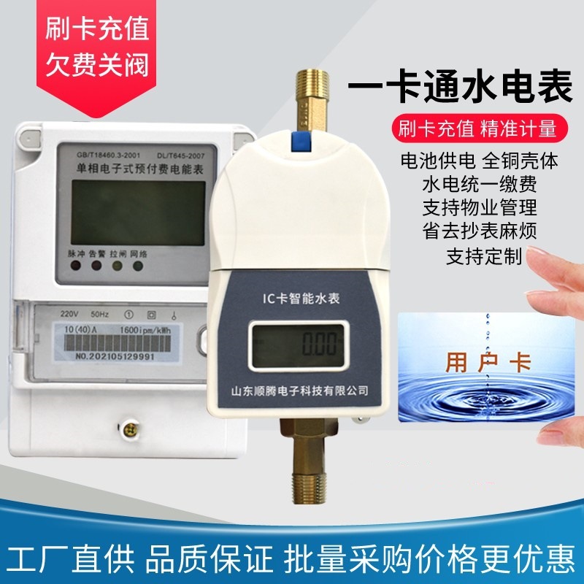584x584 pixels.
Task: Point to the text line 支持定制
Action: click(x=484, y=256)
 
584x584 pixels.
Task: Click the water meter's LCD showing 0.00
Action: click(x=294, y=343)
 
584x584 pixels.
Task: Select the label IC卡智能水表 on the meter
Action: click(x=294, y=298)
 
